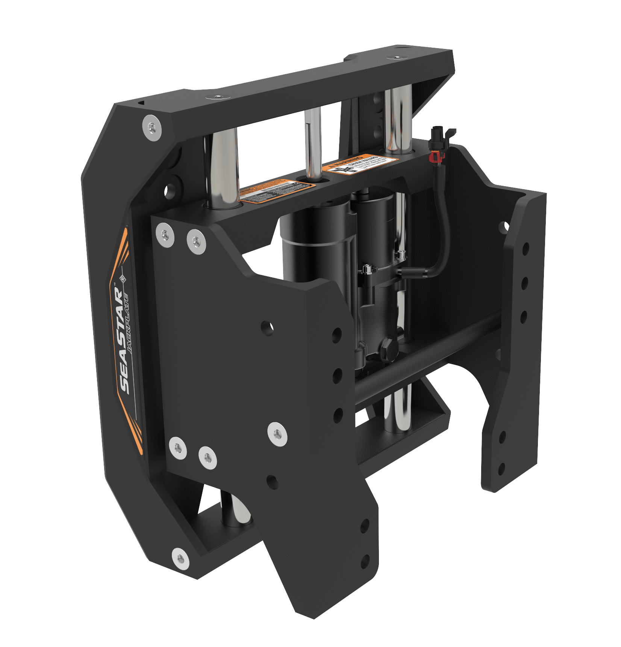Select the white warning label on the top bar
click(x=361, y=165)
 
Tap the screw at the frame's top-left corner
click(x=152, y=128)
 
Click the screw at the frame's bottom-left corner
click(x=180, y=557)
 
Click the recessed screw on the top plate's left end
click(x=217, y=97)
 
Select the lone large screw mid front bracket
click(x=277, y=434)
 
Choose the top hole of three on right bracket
click(x=526, y=248)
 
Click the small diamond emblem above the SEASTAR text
click(x=122, y=279)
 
